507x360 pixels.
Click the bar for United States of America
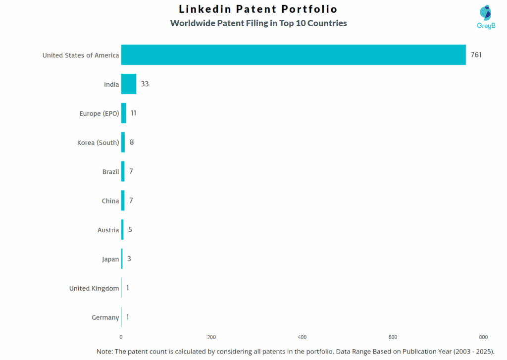click(293, 55)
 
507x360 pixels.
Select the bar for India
click(129, 84)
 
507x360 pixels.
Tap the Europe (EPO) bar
click(124, 113)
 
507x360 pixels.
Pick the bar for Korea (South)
click(123, 143)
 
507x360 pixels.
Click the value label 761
click(476, 55)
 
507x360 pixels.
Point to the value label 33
click(145, 84)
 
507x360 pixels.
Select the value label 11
click(133, 113)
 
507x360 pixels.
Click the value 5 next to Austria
click(130, 230)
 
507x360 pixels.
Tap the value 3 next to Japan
click(129, 259)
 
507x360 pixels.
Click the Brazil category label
click(110, 172)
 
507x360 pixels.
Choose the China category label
click(110, 201)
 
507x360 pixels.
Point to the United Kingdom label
click(94, 288)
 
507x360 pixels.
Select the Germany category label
click(105, 317)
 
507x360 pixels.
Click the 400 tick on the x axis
click(302, 337)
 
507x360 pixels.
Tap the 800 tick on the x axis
click(483, 337)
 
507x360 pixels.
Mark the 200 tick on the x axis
click(211, 337)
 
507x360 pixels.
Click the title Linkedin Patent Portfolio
click(258, 9)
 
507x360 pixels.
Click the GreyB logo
click(486, 16)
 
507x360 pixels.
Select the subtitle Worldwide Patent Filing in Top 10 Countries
click(258, 23)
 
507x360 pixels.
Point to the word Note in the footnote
click(104, 351)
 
